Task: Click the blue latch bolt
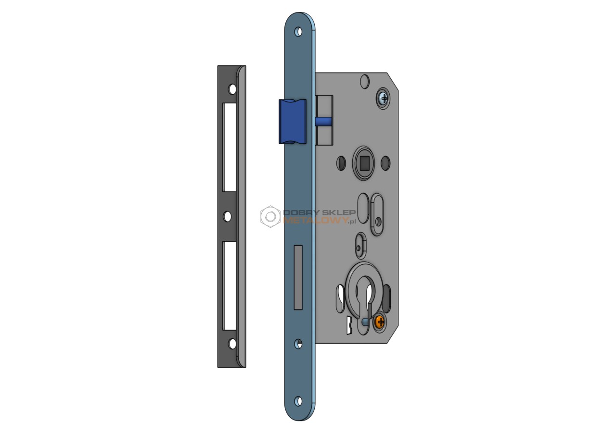[x=292, y=122]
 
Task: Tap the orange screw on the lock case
[x=380, y=321]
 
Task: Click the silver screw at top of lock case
[x=383, y=98]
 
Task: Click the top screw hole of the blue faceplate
[x=298, y=32]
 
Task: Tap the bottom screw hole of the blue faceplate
[x=298, y=401]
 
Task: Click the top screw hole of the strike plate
[x=232, y=89]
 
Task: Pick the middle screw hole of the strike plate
[x=227, y=216]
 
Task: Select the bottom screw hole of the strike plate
[x=232, y=344]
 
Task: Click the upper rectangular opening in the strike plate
[x=230, y=147]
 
